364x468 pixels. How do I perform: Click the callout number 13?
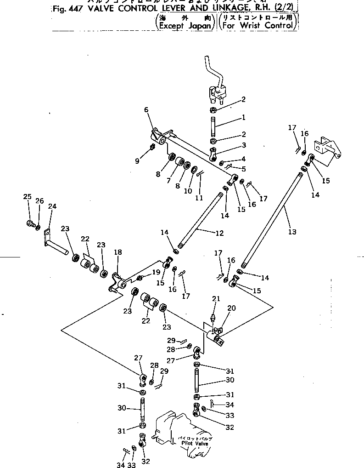(x=292, y=232)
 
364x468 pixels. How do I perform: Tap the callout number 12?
(x=219, y=233)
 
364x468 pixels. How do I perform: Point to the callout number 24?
(x=52, y=206)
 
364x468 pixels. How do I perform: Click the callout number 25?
(x=27, y=197)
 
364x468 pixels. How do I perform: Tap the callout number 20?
(x=231, y=308)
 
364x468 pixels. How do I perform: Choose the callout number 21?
(x=216, y=299)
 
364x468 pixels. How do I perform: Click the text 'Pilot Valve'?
(x=195, y=443)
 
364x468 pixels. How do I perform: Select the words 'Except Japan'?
(x=186, y=26)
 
